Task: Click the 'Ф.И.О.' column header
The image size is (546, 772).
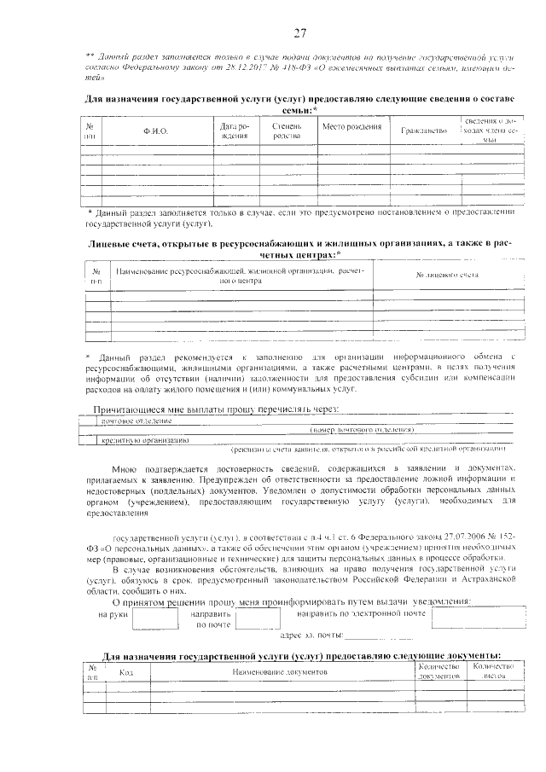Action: pyautogui.click(x=155, y=131)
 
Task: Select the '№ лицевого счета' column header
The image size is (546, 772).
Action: pyautogui.click(x=446, y=276)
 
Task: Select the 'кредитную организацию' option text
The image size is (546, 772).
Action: pyautogui.click(x=145, y=440)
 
